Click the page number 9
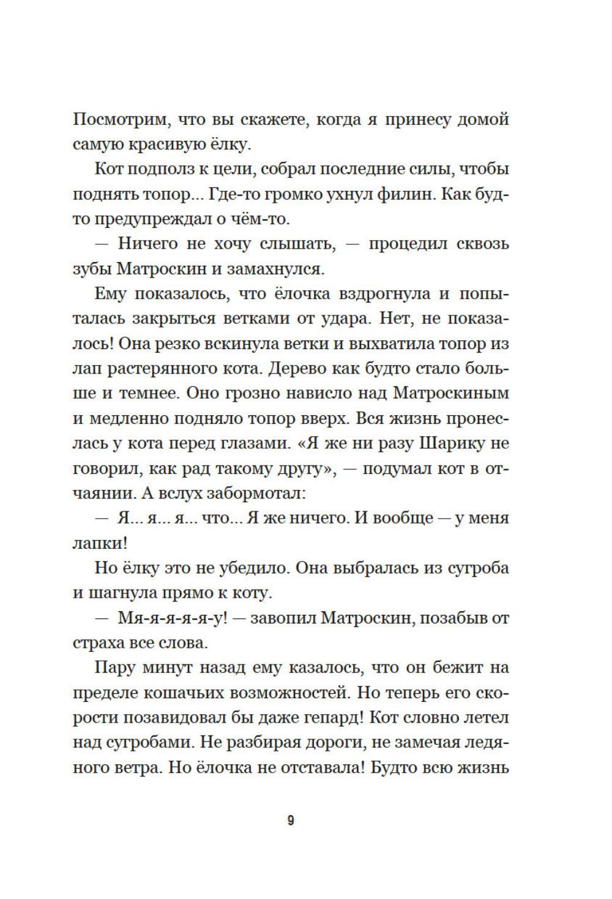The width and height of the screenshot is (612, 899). pos(291,821)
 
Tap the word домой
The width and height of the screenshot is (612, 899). pos(483,119)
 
